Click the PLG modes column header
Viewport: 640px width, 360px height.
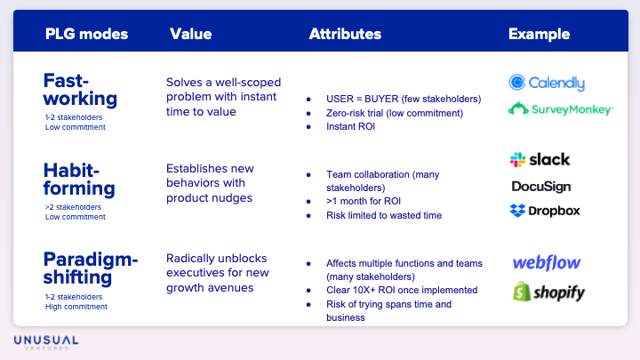pyautogui.click(x=86, y=35)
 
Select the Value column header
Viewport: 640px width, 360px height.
pyautogui.click(x=190, y=35)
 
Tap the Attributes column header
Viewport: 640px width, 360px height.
pyautogui.click(x=345, y=35)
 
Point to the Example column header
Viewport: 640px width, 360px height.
pyautogui.click(x=539, y=35)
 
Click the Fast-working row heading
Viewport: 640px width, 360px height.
pyautogui.click(x=80, y=89)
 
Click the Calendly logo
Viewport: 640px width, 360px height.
pyautogui.click(x=547, y=83)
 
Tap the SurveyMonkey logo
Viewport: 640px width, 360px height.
pyautogui.click(x=560, y=109)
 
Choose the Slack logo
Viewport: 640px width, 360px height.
pyautogui.click(x=540, y=159)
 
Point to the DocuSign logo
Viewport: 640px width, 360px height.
pyautogui.click(x=541, y=187)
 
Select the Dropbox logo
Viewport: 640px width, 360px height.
pyautogui.click(x=544, y=211)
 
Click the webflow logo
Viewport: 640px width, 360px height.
pyautogui.click(x=547, y=263)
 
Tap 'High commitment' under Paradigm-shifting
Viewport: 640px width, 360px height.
pyautogui.click(x=76, y=307)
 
